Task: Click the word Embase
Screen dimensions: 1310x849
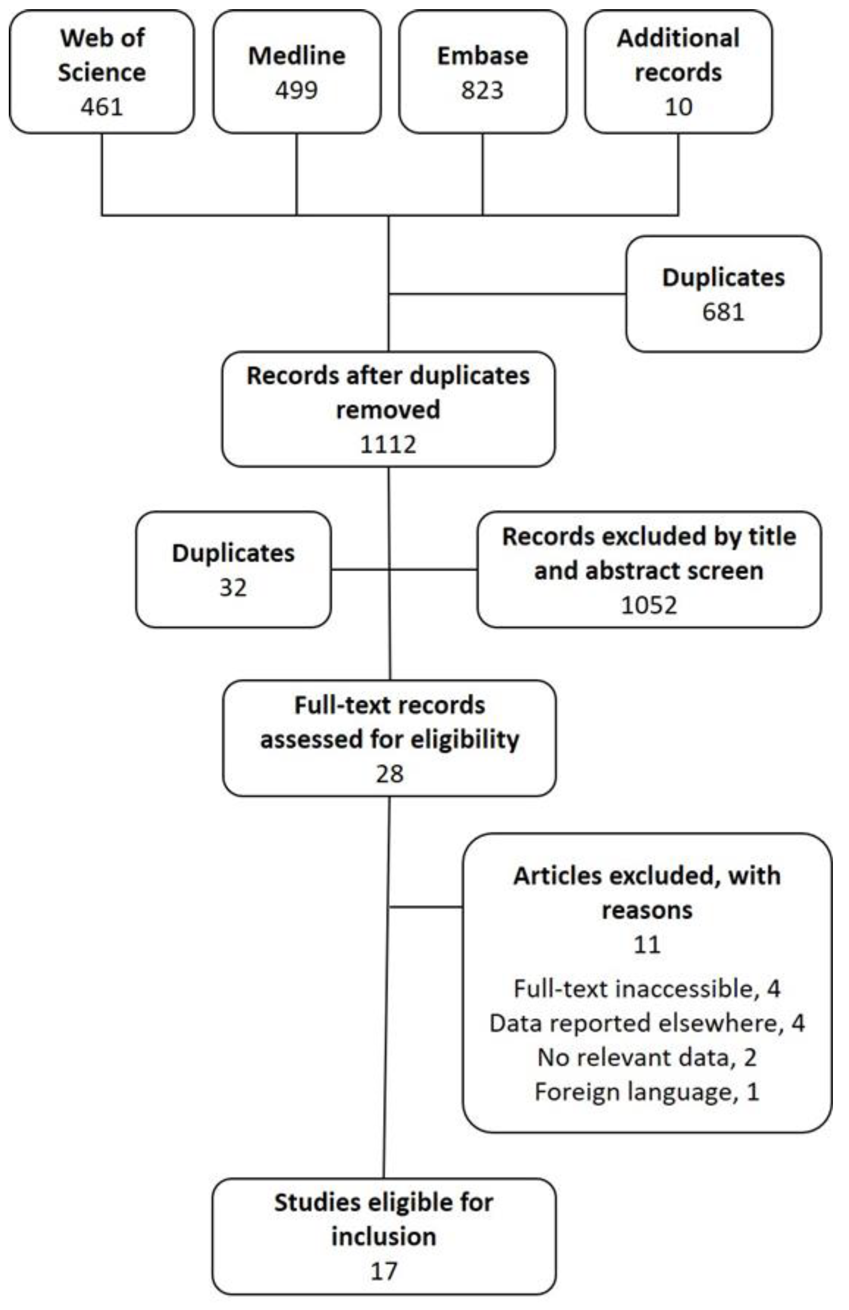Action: [x=483, y=55]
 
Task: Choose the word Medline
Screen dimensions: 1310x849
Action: [x=297, y=55]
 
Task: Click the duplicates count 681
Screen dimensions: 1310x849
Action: [x=723, y=312]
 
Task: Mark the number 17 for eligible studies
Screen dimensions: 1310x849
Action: [x=384, y=1271]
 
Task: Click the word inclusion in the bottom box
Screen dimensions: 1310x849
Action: [x=384, y=1236]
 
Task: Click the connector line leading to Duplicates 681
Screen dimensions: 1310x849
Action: [x=506, y=294]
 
